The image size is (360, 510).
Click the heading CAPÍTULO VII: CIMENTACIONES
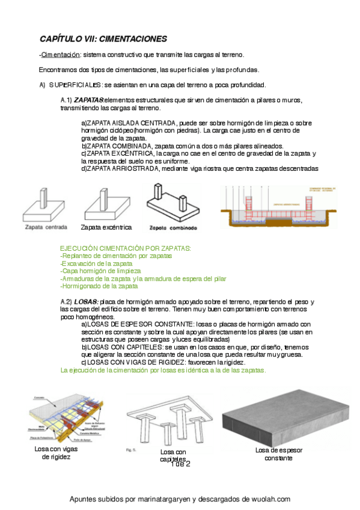point(103,39)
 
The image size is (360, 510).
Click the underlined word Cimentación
point(60,55)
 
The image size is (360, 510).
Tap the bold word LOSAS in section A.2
point(86,301)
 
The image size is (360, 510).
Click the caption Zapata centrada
point(46,227)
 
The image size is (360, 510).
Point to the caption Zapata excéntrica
point(106,227)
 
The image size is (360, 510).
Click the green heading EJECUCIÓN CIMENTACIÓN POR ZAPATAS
point(126,248)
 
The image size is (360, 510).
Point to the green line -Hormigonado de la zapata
point(99,286)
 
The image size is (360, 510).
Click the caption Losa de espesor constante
point(279,454)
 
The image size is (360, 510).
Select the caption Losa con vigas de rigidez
point(56,453)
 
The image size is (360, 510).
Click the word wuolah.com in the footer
point(269,499)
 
